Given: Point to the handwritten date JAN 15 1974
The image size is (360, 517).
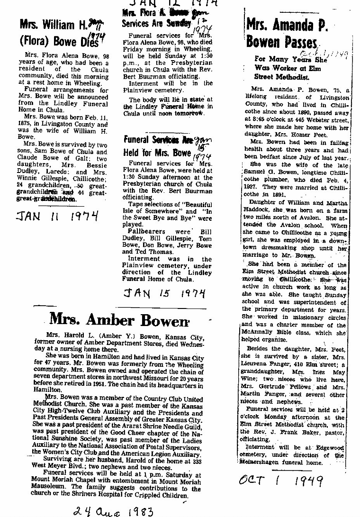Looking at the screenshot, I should (x=164, y=293).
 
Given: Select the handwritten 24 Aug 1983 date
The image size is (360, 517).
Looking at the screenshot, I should (x=114, y=510).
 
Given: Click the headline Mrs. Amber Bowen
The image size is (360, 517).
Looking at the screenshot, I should (x=119, y=320).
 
